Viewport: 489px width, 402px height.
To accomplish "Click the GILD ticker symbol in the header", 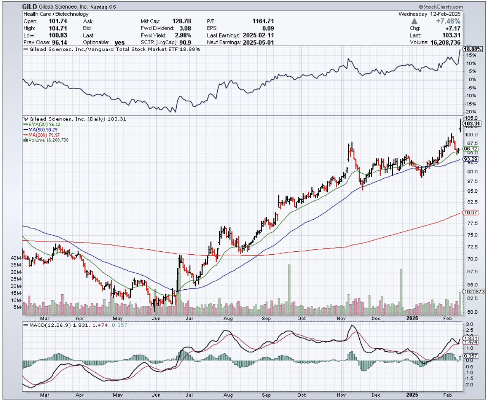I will click(30, 7).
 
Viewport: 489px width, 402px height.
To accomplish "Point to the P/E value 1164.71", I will click(263, 21).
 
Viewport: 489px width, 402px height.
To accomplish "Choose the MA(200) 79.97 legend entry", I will click(43, 135).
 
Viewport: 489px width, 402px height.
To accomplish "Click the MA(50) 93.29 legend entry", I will click(40, 130).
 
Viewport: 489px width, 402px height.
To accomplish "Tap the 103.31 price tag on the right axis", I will click(472, 124).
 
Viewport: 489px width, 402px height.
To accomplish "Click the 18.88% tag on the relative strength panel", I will click(473, 49).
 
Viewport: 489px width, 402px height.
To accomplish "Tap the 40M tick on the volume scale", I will click(28, 258).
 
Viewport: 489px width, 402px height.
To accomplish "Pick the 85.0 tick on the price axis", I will click(468, 191).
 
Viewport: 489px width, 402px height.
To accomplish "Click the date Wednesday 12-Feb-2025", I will click(430, 14).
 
